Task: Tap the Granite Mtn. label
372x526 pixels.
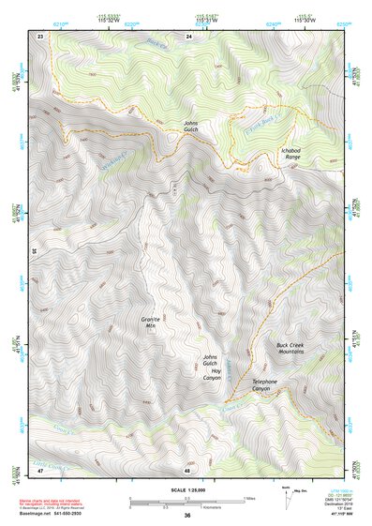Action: (x=152, y=323)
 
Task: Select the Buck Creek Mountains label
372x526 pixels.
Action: (x=292, y=349)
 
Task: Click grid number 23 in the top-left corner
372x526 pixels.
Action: (x=40, y=36)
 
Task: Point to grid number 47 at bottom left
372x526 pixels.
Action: (x=40, y=469)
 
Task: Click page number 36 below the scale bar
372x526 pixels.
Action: (x=187, y=516)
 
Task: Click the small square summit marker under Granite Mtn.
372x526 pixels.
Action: (x=152, y=329)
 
